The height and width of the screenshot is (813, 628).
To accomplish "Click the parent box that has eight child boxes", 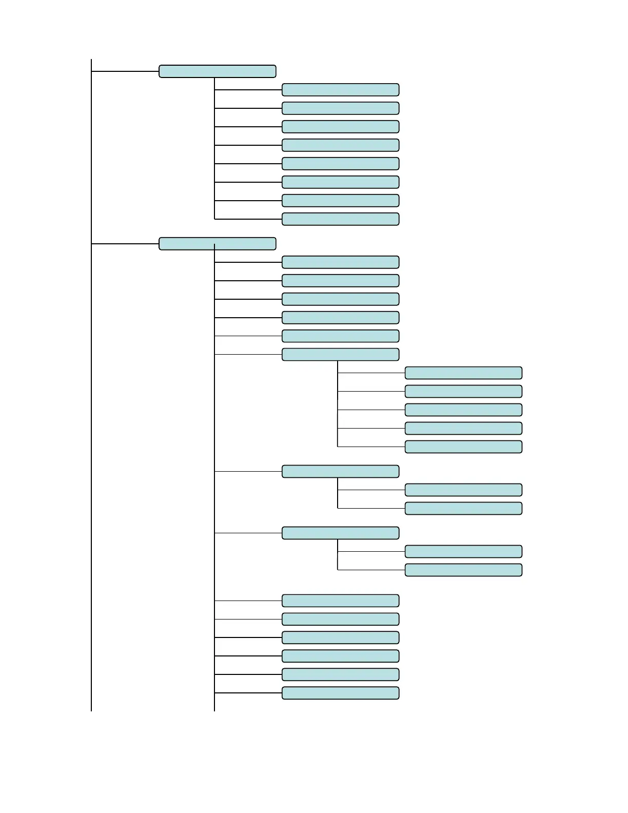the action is pos(217,71).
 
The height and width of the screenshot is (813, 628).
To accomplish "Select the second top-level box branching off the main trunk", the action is pos(217,244).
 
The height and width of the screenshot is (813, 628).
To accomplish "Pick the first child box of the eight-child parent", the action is pos(340,90).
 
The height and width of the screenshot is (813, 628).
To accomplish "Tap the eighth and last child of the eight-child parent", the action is pos(340,219).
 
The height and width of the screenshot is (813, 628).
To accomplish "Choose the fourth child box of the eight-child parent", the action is pos(340,145).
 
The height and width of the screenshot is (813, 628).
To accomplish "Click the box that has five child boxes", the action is pos(340,355).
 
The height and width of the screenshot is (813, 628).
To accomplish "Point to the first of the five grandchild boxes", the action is pos(463,373).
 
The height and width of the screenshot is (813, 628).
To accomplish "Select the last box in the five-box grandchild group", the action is pos(463,447).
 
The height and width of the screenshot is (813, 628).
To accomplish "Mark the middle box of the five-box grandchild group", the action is pos(463,410).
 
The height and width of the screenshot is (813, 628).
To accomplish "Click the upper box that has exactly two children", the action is pos(340,472).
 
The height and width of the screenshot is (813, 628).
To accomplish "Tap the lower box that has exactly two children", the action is pos(340,533).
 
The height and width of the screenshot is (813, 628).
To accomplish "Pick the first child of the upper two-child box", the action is pos(463,490).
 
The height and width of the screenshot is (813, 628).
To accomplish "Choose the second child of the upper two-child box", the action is pos(463,509).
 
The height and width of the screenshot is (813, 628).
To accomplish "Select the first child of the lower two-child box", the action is pos(463,552).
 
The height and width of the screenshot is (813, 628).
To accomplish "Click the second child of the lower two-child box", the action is pos(463,570).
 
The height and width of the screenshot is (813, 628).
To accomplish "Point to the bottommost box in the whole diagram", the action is pos(340,693).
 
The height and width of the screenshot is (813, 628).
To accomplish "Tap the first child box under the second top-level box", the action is pos(340,262).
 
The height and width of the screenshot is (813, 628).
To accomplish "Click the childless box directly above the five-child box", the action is pos(340,336).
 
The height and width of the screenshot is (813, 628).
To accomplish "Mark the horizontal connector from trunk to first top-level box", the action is pos(125,71).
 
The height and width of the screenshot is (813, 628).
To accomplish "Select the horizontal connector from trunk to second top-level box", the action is pos(125,244).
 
